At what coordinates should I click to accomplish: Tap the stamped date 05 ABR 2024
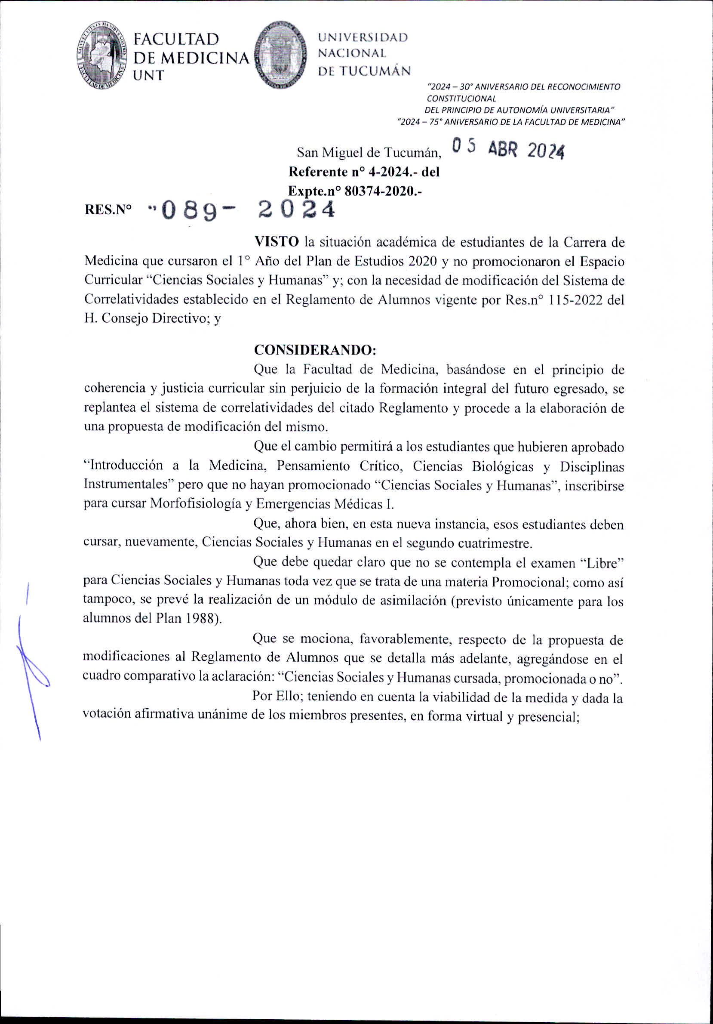508,148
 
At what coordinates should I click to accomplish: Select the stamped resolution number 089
189,210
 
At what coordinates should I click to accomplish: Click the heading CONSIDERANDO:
315,350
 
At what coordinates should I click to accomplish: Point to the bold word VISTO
277,242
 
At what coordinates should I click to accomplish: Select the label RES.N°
108,210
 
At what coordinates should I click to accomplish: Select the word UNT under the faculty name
149,75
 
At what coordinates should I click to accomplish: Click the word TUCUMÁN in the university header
375,71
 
